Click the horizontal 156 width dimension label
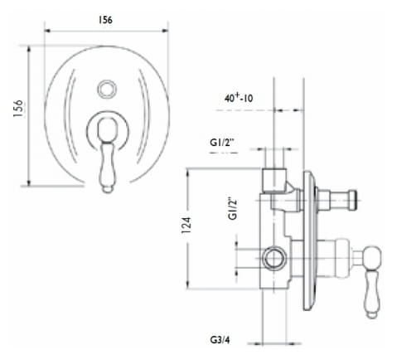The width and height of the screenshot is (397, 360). [105, 20]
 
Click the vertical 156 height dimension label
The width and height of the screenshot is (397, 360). [18, 109]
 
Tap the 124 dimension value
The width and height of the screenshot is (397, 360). [186, 226]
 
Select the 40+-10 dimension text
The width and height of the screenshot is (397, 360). [239, 98]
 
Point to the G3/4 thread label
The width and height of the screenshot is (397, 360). [220, 339]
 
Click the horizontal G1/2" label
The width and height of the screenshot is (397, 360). [222, 143]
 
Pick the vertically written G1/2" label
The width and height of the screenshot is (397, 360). [233, 208]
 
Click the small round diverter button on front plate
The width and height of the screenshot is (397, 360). [107, 89]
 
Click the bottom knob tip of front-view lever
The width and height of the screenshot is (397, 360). [107, 189]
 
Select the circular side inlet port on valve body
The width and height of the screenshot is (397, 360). [274, 258]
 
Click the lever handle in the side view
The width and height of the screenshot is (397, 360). [373, 282]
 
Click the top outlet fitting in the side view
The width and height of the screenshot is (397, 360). [274, 180]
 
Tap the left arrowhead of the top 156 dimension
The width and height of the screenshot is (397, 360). [48, 31]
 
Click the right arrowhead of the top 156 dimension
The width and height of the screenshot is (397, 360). [165, 31]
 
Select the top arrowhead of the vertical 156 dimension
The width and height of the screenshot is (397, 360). [29, 50]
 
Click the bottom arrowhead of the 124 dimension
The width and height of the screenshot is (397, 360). [188, 285]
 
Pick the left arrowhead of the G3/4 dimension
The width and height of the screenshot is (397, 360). [258, 343]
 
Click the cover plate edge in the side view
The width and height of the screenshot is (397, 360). [308, 241]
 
